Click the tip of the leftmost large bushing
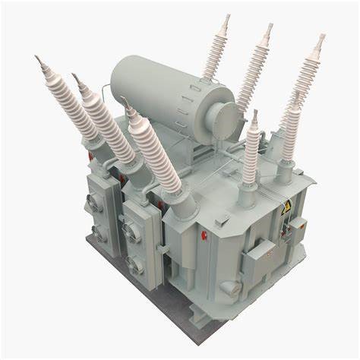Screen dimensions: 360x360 (x=37, y=58)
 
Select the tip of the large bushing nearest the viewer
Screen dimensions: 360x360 (x=122, y=98)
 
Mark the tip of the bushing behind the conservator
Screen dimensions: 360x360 (x=227, y=17)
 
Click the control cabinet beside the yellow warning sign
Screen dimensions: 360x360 (x=298, y=227)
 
